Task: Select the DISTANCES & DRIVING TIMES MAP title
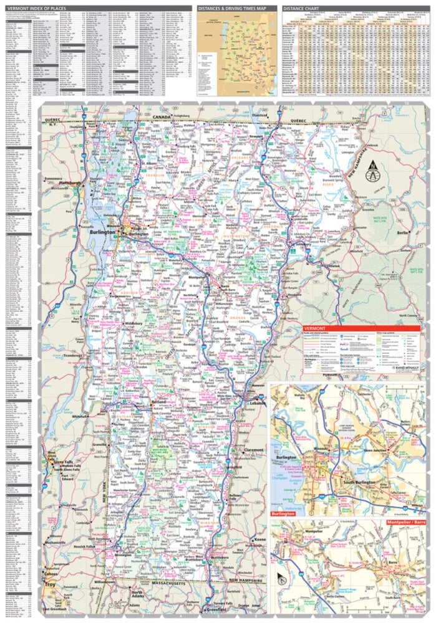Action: tap(228, 9)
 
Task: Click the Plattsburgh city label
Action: tap(72, 183)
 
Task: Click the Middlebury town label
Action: tap(136, 324)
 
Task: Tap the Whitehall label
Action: tap(81, 416)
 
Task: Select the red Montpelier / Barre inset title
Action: tap(406, 522)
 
